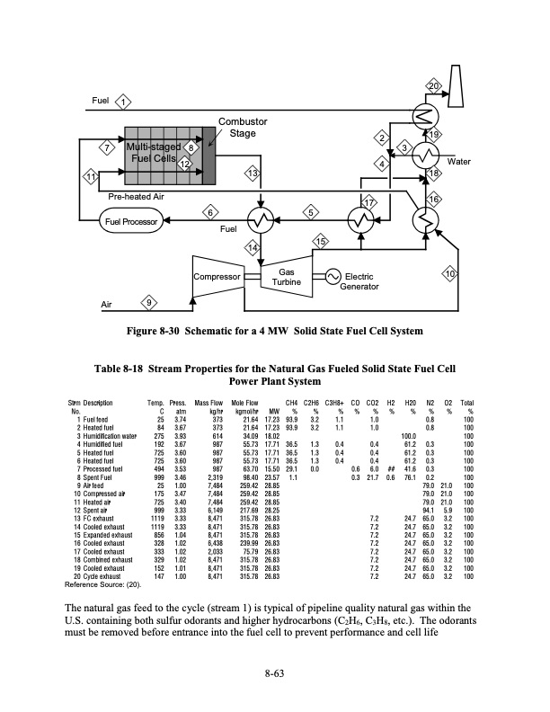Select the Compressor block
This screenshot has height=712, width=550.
pos(218,277)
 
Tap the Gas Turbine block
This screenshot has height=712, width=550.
pos(286,277)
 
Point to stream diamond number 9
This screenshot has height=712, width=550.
pos(148,301)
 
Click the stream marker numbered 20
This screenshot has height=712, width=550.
pos(433,86)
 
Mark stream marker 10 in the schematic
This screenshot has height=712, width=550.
pos(450,272)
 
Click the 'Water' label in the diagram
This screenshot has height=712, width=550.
pos(459,162)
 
